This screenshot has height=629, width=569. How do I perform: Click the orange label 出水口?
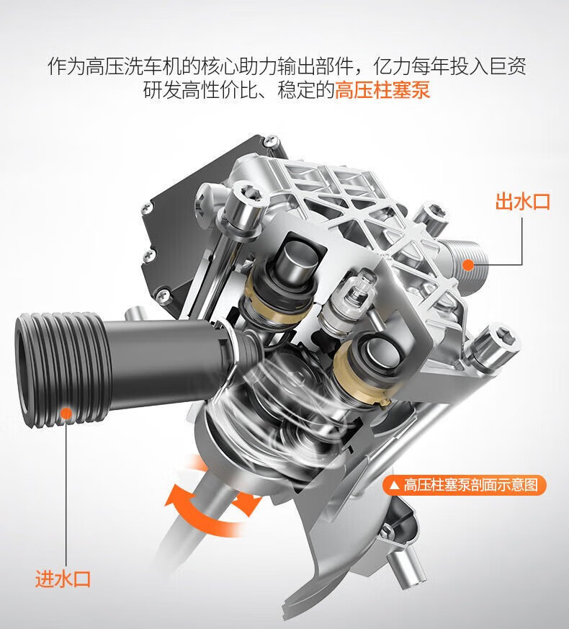pyautogui.click(x=522, y=201)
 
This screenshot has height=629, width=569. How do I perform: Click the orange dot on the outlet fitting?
pyautogui.click(x=467, y=264)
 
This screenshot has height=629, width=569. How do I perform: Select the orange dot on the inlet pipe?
pyautogui.click(x=66, y=413)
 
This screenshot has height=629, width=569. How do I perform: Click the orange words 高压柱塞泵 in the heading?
pyautogui.click(x=382, y=90)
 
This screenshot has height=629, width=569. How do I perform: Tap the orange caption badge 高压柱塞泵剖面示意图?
pyautogui.click(x=465, y=486)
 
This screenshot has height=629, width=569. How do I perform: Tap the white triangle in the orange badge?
pyautogui.click(x=395, y=486)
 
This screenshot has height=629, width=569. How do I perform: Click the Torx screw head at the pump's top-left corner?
pyautogui.click(x=246, y=192)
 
